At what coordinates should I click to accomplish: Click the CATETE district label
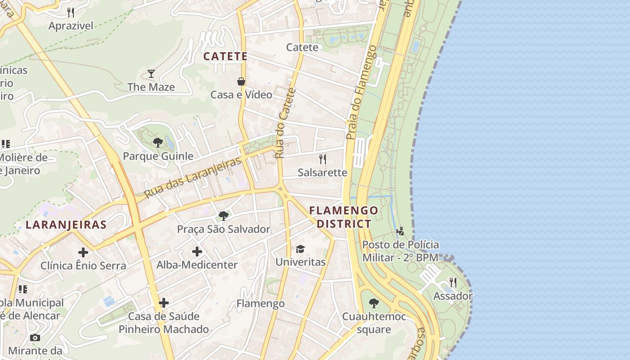coord(225,56)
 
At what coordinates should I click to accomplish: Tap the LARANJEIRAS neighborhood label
coord(66,225)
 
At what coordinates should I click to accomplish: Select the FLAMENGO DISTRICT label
coord(344,217)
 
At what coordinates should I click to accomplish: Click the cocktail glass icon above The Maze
coord(151,73)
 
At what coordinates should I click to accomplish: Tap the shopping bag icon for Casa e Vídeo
coord(241,81)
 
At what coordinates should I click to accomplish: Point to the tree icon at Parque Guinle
coord(157,143)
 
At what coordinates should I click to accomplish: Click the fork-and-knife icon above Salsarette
coord(322,159)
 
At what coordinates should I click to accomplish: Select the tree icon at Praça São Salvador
coord(223,216)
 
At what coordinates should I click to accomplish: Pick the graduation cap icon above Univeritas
coord(300,248)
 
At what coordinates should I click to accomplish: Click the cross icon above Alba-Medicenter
coord(197,251)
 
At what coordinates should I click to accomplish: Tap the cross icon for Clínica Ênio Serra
coord(83,252)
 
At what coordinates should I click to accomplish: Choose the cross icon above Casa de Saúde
coord(164,302)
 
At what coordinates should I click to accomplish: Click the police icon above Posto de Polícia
coord(400,231)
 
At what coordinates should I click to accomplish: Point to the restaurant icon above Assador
coord(453,283)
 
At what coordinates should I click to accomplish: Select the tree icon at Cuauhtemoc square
coord(373,303)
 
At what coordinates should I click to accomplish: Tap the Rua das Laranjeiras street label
coord(194,179)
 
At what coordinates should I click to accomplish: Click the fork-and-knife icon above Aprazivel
coord(71,12)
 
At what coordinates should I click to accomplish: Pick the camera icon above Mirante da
coord(35,337)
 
